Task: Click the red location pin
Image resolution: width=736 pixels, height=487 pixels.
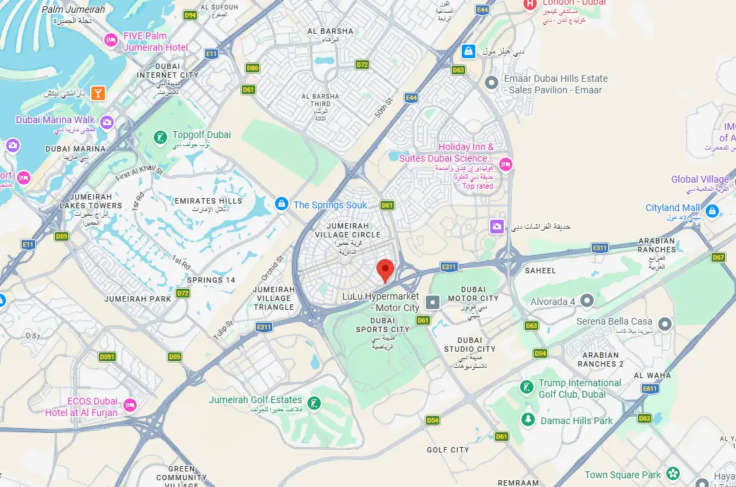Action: tap(385, 270)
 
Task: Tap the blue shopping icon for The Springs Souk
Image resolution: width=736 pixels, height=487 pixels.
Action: tap(281, 204)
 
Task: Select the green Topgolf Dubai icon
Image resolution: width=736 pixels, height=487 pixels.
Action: tap(160, 138)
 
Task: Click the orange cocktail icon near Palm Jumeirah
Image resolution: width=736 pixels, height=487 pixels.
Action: tap(98, 93)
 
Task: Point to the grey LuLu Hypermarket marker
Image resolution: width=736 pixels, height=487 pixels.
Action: tap(433, 300)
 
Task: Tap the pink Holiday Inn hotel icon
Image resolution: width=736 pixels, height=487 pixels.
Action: tap(506, 164)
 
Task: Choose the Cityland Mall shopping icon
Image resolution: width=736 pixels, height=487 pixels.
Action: tap(712, 211)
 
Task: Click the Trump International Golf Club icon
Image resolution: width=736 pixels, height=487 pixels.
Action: tap(526, 388)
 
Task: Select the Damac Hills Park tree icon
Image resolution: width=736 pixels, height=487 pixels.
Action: tap(528, 420)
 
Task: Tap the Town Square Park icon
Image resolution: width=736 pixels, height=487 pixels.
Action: tap(672, 474)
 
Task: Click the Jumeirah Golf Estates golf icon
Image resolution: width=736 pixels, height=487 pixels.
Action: tap(313, 404)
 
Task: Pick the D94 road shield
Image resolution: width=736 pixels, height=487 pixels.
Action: tap(190, 15)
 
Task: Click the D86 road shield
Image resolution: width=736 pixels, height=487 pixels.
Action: tap(253, 68)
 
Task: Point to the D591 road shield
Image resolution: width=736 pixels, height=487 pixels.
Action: tap(107, 356)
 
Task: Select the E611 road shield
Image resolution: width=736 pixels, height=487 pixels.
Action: tap(650, 388)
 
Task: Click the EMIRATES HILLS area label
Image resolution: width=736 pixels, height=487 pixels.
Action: tap(208, 201)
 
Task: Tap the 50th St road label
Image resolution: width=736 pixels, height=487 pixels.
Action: tap(385, 107)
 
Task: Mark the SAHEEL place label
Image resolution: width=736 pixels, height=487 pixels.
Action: tap(540, 271)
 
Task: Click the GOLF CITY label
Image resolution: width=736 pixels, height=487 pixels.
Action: tap(448, 450)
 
